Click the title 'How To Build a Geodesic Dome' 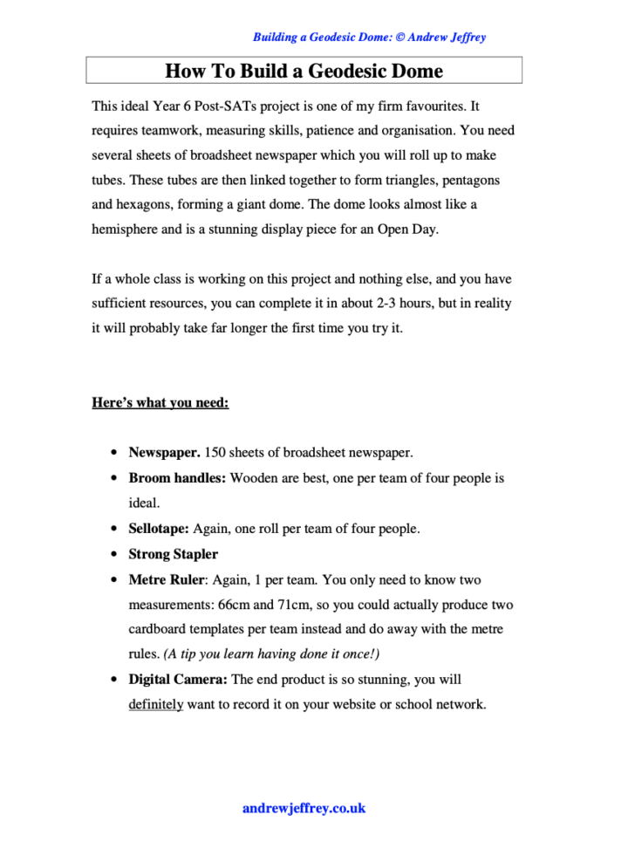point(304,71)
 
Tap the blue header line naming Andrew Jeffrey point(369,38)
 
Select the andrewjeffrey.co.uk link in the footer point(304,808)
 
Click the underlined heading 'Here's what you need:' point(160,403)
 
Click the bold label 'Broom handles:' point(177,478)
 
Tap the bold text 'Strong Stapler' point(173,554)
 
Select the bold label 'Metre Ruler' point(166,579)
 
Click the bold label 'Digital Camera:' point(178,679)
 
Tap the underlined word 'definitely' point(155,704)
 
